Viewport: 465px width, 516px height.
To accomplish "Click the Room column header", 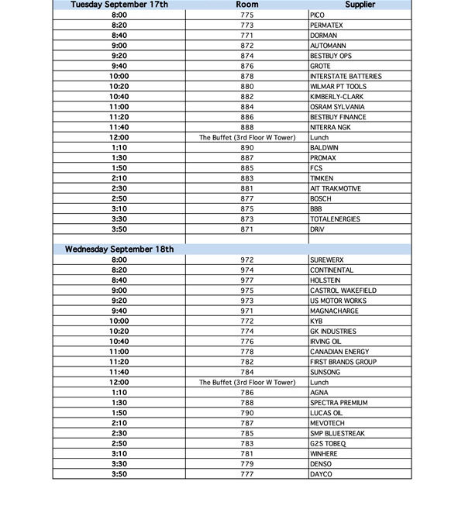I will [x=246, y=5].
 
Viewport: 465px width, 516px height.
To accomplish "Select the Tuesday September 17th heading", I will [x=119, y=5].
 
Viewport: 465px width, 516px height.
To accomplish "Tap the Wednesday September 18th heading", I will [x=119, y=249].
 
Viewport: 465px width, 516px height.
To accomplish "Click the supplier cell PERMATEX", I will [x=328, y=26].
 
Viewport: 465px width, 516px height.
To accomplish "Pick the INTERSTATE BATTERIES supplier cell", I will [x=345, y=77].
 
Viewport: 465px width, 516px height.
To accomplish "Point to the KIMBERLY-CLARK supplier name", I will [x=336, y=97].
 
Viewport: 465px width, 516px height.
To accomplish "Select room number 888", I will [x=246, y=127].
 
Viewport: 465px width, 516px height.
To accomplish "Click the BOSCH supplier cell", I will [x=321, y=198].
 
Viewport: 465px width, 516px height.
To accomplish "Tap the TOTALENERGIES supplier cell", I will [x=335, y=219].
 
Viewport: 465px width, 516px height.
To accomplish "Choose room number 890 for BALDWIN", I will [x=246, y=148].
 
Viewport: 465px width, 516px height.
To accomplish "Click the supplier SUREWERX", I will [x=327, y=260].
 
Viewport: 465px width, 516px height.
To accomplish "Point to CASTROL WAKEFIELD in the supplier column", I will [x=343, y=291].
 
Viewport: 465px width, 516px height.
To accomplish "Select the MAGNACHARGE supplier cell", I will [x=335, y=311].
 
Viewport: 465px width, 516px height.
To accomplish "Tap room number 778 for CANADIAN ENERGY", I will [x=246, y=352].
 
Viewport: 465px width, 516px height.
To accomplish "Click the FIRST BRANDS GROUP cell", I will [x=343, y=362].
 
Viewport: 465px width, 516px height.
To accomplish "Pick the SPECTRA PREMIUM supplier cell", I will [x=339, y=403].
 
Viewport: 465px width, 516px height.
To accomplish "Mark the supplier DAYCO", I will [x=320, y=474].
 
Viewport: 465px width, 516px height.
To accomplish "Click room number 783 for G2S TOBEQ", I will [x=246, y=443].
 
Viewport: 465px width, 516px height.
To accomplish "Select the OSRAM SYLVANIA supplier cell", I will [x=336, y=107].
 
